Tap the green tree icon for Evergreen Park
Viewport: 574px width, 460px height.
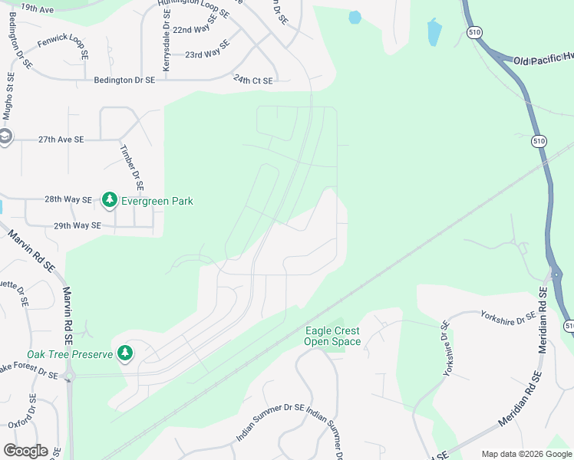[109, 200]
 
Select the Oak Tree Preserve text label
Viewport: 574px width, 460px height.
[70, 354]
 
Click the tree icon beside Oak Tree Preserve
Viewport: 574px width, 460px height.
[124, 353]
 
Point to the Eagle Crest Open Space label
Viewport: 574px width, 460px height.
[332, 336]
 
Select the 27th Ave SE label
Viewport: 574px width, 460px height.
[61, 140]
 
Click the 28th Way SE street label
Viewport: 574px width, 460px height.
[68, 199]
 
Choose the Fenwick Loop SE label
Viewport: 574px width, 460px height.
[63, 48]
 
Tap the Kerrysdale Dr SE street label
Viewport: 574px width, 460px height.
[166, 48]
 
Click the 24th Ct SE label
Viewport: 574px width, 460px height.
[254, 79]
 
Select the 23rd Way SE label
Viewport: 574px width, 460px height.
[206, 51]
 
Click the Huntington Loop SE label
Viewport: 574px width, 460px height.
[193, 8]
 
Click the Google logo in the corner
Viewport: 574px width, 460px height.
[25, 451]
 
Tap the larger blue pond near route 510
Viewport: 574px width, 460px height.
[434, 32]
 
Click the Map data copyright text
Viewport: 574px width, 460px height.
[526, 454]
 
